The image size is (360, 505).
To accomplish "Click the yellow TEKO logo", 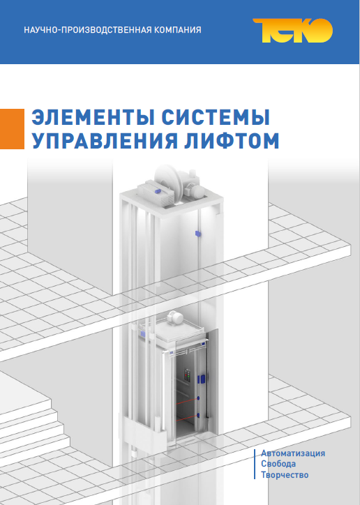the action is [x=292, y=31].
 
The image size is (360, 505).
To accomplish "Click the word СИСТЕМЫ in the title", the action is [x=216, y=118].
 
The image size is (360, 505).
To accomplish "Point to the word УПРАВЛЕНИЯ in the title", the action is [x=105, y=140].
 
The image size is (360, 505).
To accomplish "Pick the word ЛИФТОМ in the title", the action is [x=232, y=140].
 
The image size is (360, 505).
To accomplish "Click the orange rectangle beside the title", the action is [x=12, y=129].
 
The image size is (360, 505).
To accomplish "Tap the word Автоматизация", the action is [x=293, y=453].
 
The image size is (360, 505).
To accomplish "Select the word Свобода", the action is [x=278, y=464].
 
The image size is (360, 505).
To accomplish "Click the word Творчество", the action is [x=285, y=475].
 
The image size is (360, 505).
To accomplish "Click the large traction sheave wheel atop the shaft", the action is [x=168, y=183].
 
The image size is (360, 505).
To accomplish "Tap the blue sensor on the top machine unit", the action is [x=158, y=191].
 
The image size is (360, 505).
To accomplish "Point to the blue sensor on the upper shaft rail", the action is [x=197, y=233].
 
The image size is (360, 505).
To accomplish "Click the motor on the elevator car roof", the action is [x=174, y=318].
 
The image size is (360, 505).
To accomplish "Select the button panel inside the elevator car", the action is [x=188, y=376].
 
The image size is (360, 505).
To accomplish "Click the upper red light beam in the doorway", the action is [x=186, y=401].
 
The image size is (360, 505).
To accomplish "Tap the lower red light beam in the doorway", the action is [x=186, y=418].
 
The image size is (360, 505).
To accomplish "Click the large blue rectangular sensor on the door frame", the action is [x=202, y=379].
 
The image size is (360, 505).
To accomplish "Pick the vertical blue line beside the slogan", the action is [x=255, y=464].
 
